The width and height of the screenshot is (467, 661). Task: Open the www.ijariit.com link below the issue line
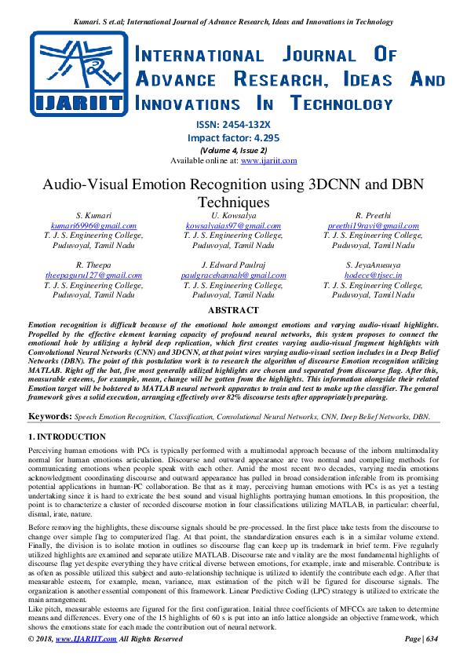pos(268,160)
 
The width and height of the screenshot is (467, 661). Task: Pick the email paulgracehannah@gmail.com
pos(233,276)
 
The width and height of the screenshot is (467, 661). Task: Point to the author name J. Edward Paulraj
pos(233,265)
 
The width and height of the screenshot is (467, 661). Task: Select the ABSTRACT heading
pos(233,311)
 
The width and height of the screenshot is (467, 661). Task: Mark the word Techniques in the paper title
pos(233,202)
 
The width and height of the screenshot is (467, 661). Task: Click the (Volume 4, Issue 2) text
pos(233,149)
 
